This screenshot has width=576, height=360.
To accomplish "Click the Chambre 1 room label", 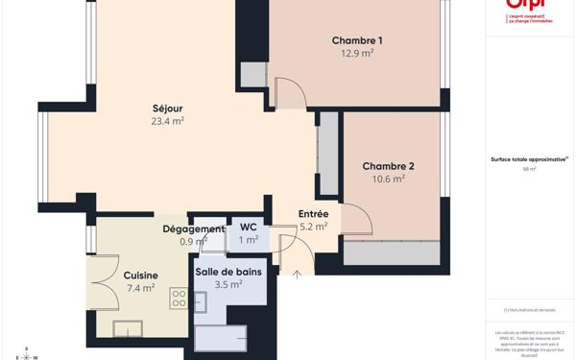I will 357,40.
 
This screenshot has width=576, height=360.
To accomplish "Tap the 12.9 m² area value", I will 357,54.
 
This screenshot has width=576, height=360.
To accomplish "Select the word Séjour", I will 167,108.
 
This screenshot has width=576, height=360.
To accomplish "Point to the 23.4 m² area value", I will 167,122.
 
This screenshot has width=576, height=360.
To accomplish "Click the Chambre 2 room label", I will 388,166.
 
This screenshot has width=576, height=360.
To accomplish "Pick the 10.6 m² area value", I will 388,180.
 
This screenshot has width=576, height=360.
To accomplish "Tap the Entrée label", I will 313,214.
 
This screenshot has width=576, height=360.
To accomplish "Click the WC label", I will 248,228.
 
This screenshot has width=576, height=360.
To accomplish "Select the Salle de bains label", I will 228,272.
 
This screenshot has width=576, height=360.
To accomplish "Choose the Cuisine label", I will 140,276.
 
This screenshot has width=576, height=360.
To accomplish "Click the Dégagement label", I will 193,228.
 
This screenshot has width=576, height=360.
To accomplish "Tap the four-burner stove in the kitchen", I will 179,299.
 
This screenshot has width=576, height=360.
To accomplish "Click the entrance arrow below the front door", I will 297,276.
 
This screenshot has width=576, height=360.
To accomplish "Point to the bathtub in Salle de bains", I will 221,338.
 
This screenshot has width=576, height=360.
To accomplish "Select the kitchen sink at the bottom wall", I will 128,328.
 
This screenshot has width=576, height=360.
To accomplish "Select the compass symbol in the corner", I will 26,353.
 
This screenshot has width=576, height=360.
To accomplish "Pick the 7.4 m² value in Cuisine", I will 140,288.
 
